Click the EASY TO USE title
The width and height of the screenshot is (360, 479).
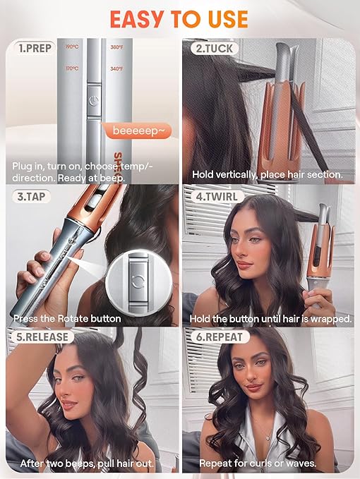pyautogui.click(x=179, y=18)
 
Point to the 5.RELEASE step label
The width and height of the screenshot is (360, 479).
pyautogui.click(x=41, y=337)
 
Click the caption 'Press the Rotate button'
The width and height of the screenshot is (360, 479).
pyautogui.click(x=67, y=318)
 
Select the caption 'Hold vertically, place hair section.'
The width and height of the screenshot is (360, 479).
pyautogui.click(x=267, y=174)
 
